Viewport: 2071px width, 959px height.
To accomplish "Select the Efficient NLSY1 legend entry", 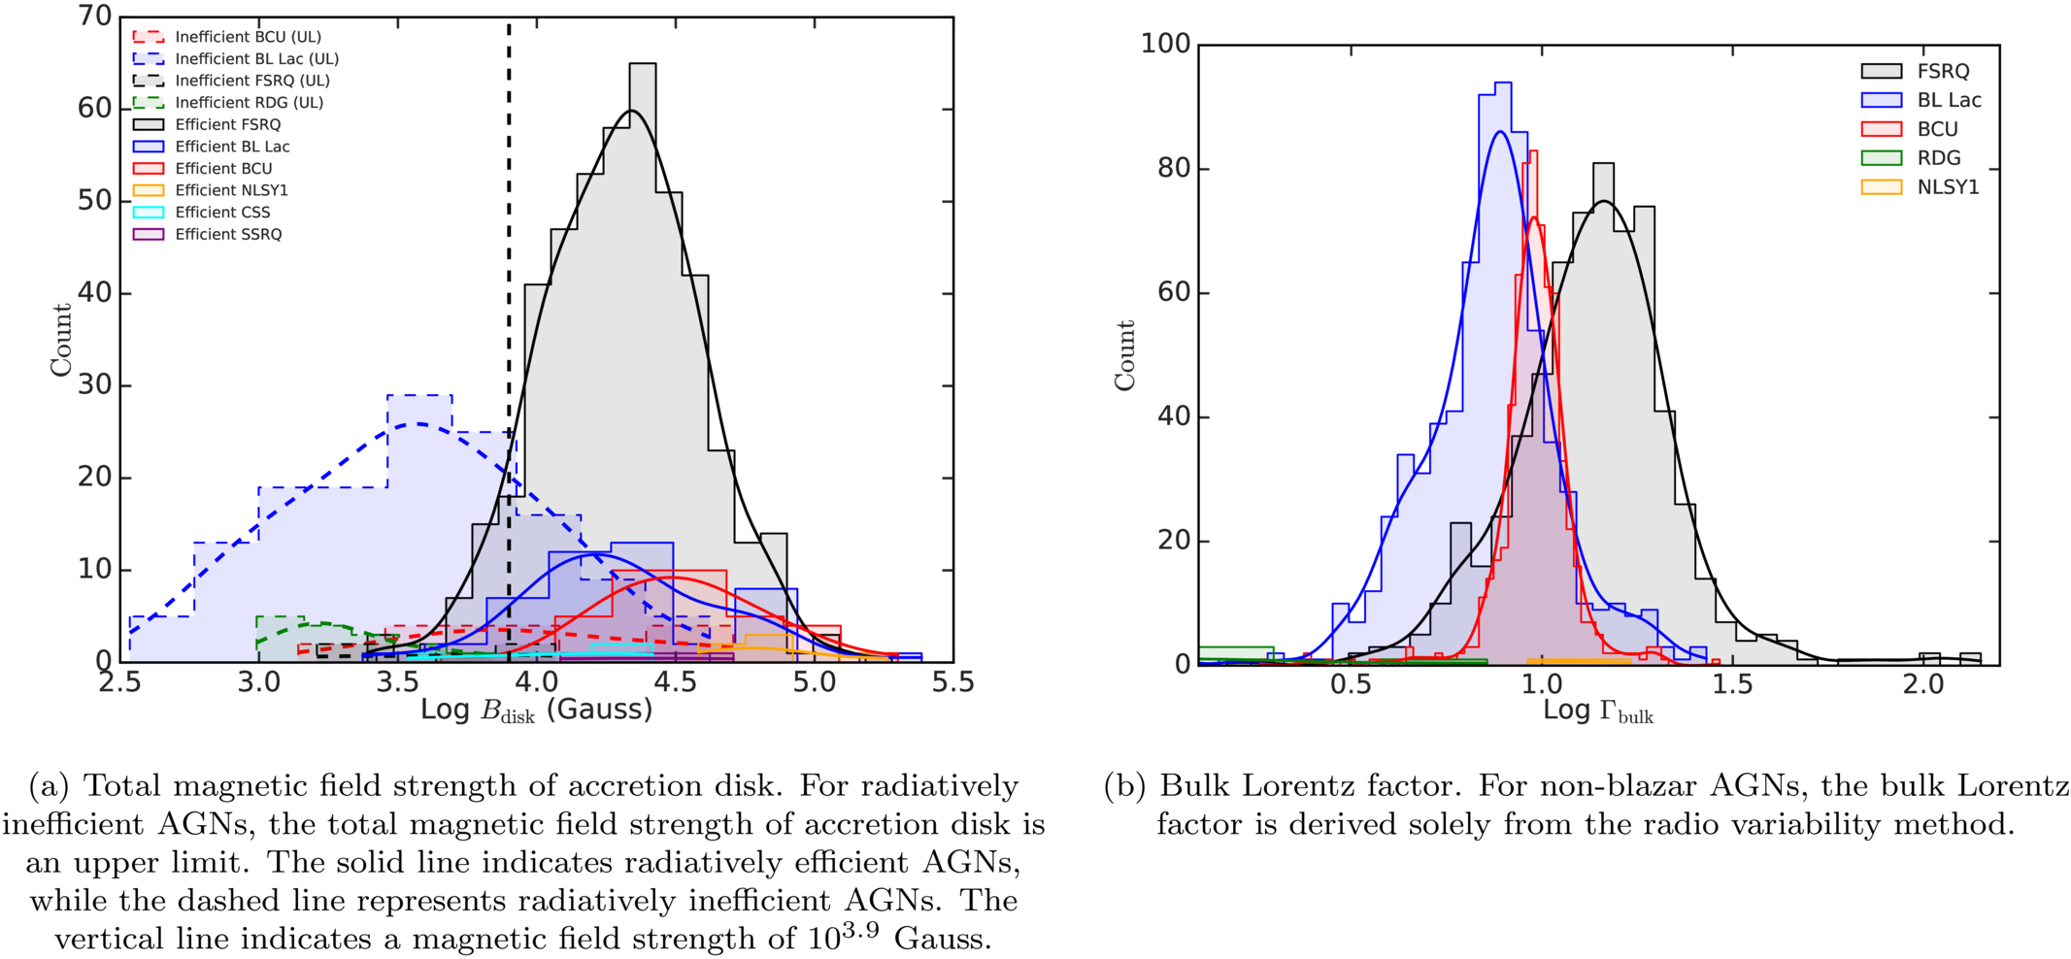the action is tap(211, 190).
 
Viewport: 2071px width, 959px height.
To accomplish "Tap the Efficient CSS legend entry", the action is tap(202, 213).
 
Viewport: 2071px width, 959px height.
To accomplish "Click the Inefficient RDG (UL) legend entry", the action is tap(228, 103).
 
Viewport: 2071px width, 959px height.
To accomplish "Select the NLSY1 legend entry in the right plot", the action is tap(1920, 187).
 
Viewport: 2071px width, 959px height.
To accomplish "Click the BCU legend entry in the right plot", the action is tap(1909, 129).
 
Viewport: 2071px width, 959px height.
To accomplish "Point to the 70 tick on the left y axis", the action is tap(94, 17).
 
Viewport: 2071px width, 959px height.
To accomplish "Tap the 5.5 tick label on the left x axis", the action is tap(953, 682).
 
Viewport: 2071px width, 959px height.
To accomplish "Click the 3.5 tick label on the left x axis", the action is tap(397, 682).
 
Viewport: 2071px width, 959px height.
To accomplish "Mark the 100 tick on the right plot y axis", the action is tap(1165, 44).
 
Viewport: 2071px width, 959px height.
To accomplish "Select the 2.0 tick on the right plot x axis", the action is tap(1923, 684).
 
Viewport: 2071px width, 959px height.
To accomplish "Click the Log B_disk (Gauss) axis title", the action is tap(536, 711).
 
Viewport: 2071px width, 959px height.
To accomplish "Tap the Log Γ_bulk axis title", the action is tap(1598, 711).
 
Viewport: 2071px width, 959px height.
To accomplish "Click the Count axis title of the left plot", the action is tap(61, 340).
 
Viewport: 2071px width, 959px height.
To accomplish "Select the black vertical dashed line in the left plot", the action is tap(509, 340).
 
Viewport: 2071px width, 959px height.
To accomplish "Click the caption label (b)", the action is tap(1125, 786).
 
